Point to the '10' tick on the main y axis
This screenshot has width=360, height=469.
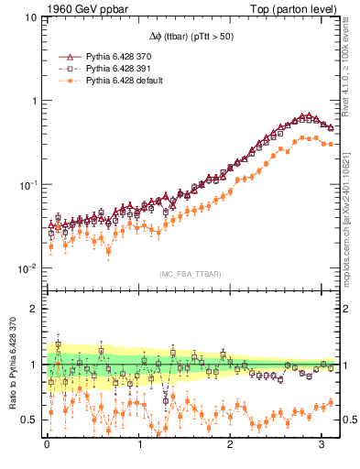click(30, 17)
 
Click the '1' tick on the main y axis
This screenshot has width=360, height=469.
click(33, 101)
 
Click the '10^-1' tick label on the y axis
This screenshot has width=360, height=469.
click(28, 184)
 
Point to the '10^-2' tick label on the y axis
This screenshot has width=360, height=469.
click(28, 268)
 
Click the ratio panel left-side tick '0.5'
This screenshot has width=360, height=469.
click(28, 420)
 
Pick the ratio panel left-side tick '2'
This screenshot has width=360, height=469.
click(33, 309)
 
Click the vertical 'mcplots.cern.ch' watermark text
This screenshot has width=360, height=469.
click(352, 220)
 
